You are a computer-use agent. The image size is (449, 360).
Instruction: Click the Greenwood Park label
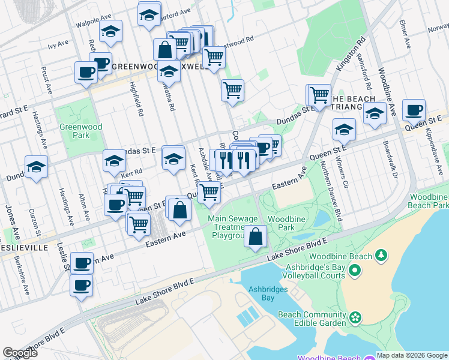80,131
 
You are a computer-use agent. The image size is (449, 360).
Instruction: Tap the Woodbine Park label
281,224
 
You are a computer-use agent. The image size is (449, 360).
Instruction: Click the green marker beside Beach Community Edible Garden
355,316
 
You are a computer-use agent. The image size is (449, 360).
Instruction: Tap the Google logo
20,353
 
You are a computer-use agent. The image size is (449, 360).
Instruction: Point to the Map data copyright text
412,355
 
